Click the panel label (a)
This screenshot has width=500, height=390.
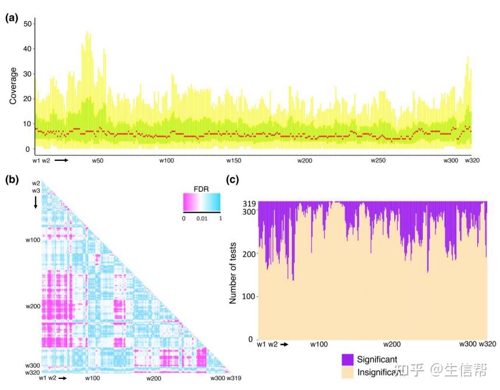(x=12, y=18)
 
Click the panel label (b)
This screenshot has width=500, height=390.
(x=12, y=180)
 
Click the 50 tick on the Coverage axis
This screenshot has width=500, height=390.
(x=26, y=22)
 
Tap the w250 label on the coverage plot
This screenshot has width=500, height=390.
(x=379, y=160)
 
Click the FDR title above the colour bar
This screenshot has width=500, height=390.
(x=202, y=189)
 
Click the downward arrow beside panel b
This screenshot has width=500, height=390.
(x=36, y=202)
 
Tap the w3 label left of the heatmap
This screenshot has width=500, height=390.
(x=36, y=191)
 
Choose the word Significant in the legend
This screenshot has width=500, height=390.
(x=379, y=358)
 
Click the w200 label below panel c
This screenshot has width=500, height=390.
(x=391, y=344)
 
